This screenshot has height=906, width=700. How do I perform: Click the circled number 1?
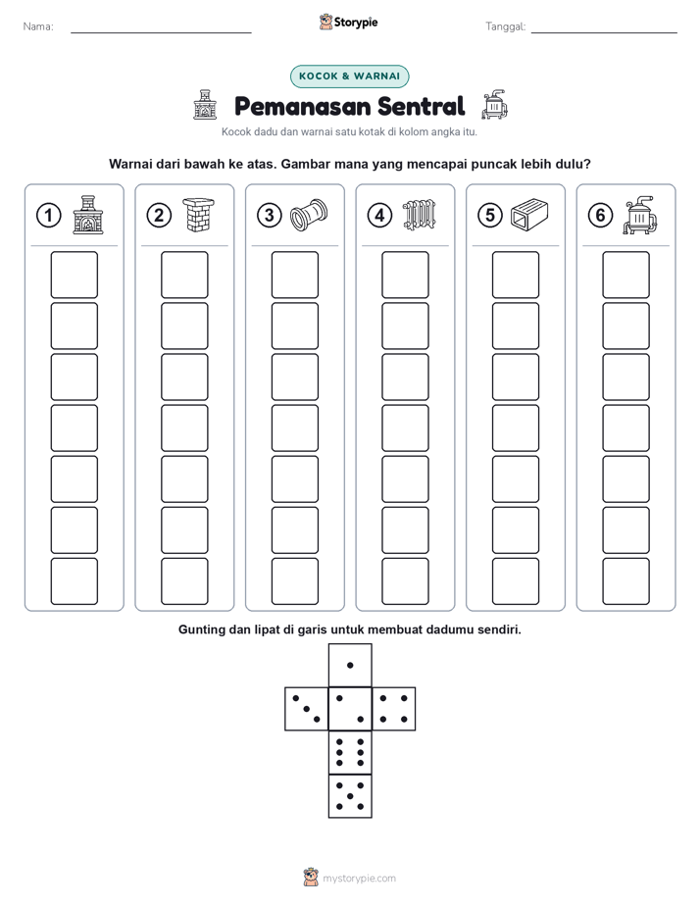[48, 216]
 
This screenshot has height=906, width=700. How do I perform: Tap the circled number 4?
[379, 216]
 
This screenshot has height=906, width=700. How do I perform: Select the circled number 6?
[600, 216]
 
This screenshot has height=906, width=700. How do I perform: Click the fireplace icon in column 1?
[88, 215]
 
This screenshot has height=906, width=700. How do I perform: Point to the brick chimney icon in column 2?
[198, 215]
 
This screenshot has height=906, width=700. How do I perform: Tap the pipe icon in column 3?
[309, 215]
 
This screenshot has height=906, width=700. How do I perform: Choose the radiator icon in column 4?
[420, 215]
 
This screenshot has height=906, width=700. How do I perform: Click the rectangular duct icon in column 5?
[529, 215]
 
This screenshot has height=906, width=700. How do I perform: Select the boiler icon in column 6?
[640, 215]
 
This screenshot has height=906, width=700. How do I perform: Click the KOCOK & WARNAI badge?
[349, 76]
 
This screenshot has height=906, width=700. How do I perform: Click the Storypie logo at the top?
[348, 23]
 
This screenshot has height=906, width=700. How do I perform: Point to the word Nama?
[38, 26]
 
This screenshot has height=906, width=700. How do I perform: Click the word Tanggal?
[506, 26]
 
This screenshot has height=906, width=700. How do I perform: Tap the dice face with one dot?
[350, 665]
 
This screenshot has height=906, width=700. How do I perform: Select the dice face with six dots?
[350, 752]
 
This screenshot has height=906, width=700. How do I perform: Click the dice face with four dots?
[393, 709]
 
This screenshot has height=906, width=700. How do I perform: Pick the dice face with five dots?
[350, 796]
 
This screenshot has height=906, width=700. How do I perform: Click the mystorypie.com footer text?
[359, 879]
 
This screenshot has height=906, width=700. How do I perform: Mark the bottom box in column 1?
[74, 581]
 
